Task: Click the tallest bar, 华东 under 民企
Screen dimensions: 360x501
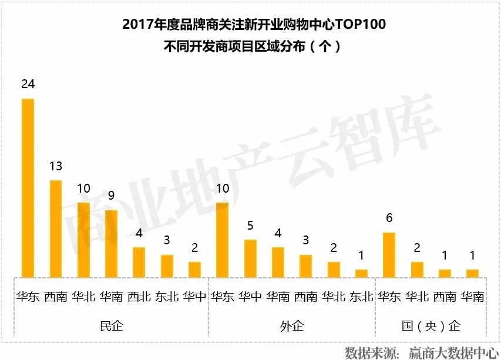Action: tap(28, 187)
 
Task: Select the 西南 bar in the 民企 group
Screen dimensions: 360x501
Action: tap(55, 228)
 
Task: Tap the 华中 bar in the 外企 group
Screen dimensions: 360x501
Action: tap(250, 258)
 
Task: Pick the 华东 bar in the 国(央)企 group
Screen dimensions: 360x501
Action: tap(389, 254)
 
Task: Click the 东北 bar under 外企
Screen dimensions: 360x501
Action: tap(361, 273)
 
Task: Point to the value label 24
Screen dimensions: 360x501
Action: tap(28, 85)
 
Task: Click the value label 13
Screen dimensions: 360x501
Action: tap(55, 166)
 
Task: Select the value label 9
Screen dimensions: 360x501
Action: tap(111, 196)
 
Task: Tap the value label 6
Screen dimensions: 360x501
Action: tap(389, 218)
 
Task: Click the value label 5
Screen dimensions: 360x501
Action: tap(250, 226)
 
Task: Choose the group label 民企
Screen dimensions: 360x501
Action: tap(111, 325)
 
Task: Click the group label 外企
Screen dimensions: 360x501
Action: tap(292, 325)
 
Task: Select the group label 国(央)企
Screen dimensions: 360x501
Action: tap(431, 325)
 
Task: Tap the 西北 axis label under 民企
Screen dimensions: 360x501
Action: tap(139, 297)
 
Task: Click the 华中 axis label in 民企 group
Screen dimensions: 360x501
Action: tap(194, 297)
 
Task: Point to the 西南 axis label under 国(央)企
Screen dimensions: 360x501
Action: tap(445, 297)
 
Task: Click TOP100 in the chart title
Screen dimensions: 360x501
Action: tap(358, 25)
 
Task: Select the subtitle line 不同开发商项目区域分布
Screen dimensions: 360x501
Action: tap(235, 46)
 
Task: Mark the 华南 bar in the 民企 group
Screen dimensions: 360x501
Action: tap(111, 243)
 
